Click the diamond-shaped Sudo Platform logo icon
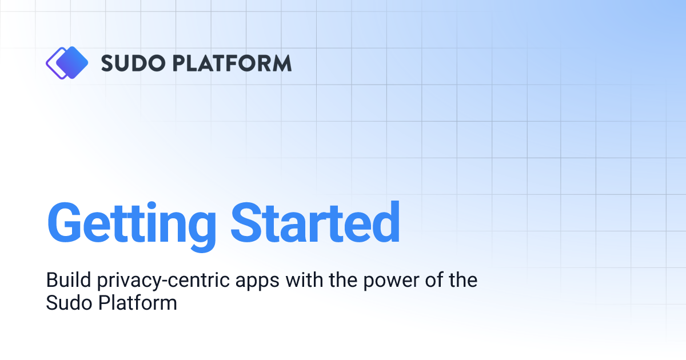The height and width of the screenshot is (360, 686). point(66,62)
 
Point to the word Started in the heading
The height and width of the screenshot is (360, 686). point(316,222)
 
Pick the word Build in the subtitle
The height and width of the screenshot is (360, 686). point(63,281)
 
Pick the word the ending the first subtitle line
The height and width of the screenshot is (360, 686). point(461,281)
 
